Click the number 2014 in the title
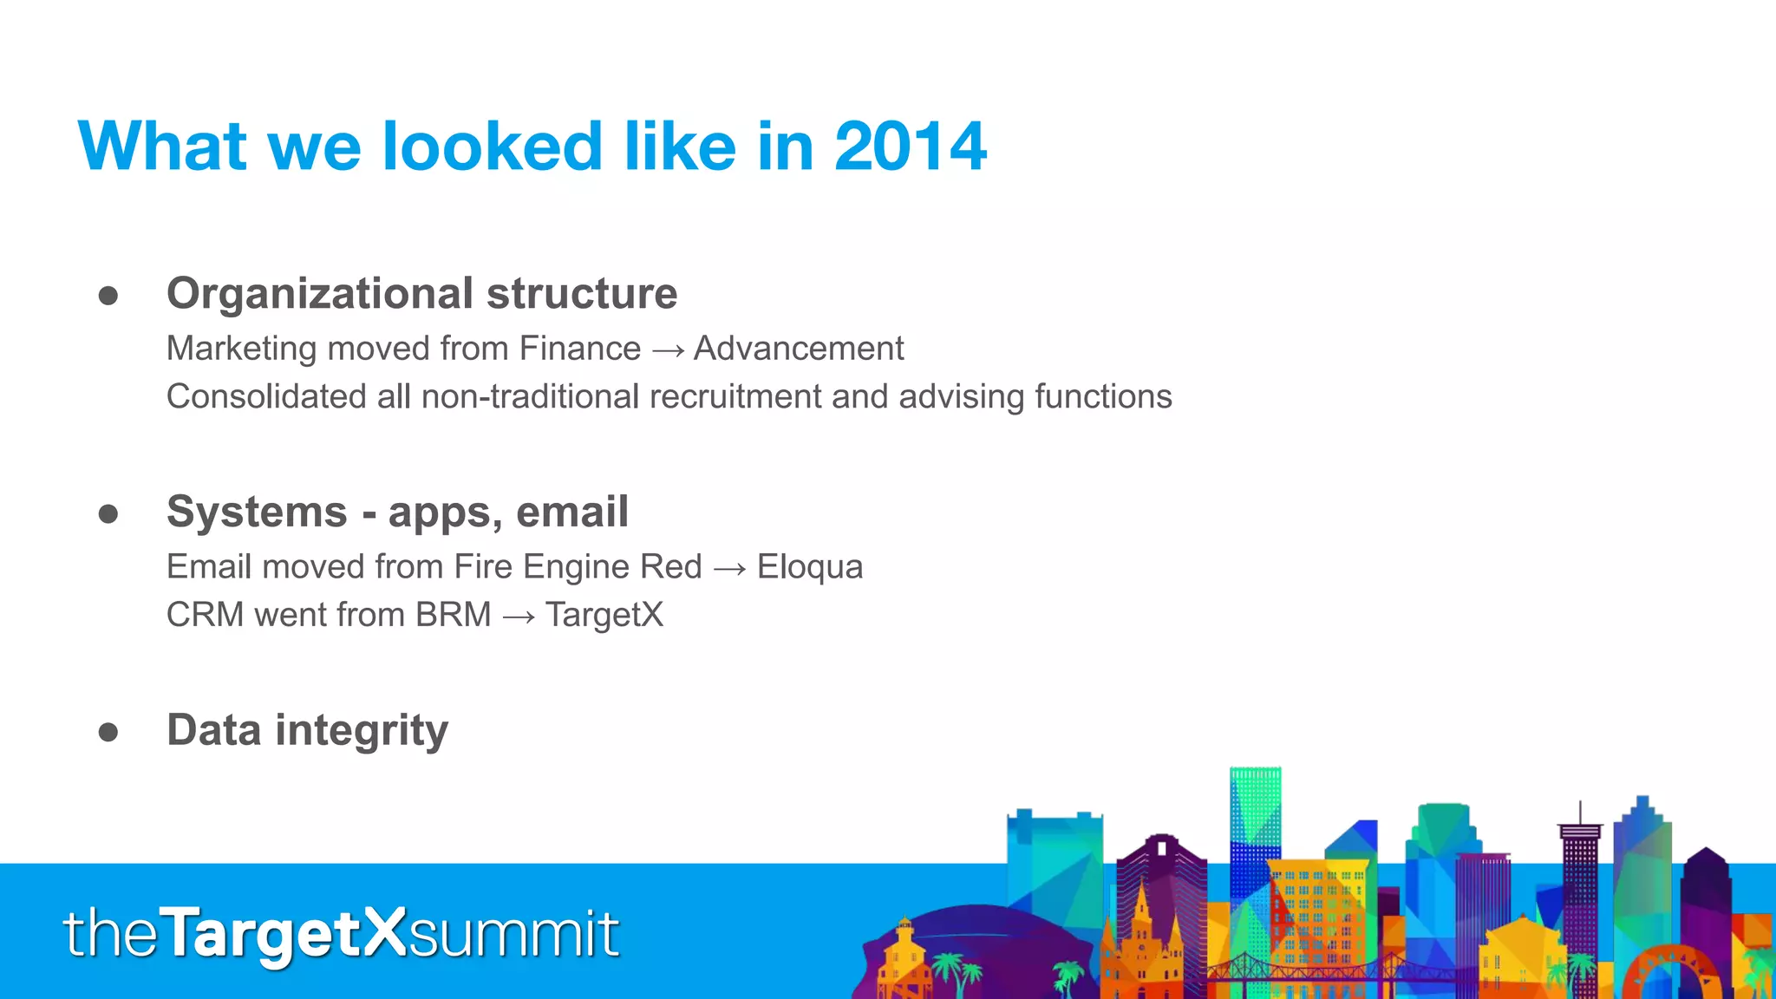(910, 147)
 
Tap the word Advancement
(799, 349)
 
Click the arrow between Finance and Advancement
(667, 350)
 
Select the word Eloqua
(810, 567)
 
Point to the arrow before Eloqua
(729, 569)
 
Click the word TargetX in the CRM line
(604, 615)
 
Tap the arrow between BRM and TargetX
(518, 617)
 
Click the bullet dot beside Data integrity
(108, 732)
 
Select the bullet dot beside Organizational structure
(108, 296)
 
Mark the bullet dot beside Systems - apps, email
(108, 514)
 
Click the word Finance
(579, 349)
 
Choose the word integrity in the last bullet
(362, 731)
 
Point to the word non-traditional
(531, 396)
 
